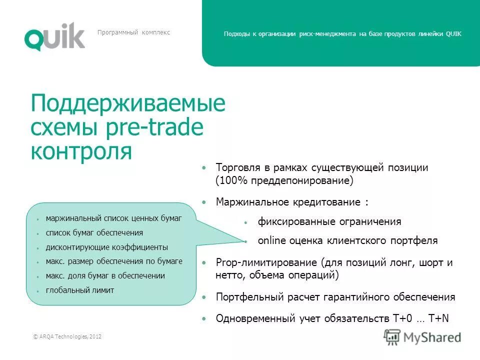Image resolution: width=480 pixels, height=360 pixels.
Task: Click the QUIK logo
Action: (x=54, y=36)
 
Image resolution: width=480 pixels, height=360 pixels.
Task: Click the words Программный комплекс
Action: (x=133, y=32)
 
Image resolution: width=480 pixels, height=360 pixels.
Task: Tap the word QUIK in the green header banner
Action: (x=453, y=34)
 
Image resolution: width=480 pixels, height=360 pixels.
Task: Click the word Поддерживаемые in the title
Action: (x=128, y=104)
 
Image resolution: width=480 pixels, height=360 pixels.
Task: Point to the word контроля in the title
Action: (x=81, y=151)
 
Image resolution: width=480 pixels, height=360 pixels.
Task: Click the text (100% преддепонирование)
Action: (x=284, y=181)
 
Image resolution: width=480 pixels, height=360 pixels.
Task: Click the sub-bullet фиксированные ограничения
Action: (x=329, y=221)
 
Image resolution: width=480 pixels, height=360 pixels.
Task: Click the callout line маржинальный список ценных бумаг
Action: (x=113, y=218)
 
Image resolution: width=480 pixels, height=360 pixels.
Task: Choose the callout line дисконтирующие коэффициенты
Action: (x=106, y=247)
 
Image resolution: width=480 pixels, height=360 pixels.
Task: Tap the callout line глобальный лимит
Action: (x=79, y=290)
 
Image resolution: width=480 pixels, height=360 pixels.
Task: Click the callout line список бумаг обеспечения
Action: (x=94, y=232)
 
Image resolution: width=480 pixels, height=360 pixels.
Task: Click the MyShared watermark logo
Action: (x=422, y=336)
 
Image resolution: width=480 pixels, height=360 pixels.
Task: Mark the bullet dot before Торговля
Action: (x=203, y=167)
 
